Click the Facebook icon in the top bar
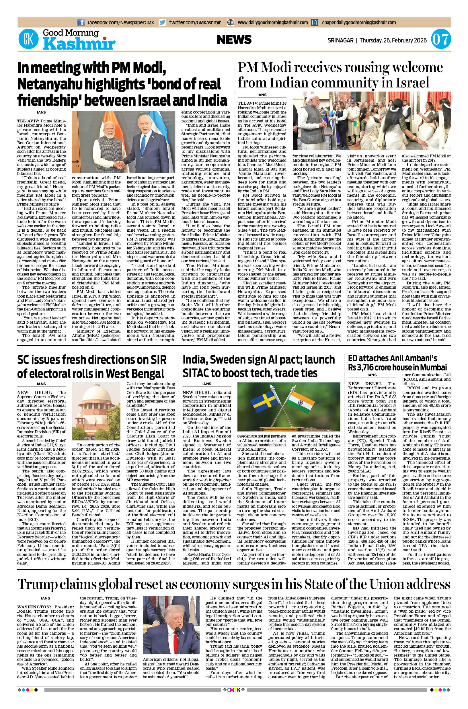81,22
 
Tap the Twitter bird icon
162,22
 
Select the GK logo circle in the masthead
29,40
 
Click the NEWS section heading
234,40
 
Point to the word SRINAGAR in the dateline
341,40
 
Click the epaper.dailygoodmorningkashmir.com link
359,22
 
